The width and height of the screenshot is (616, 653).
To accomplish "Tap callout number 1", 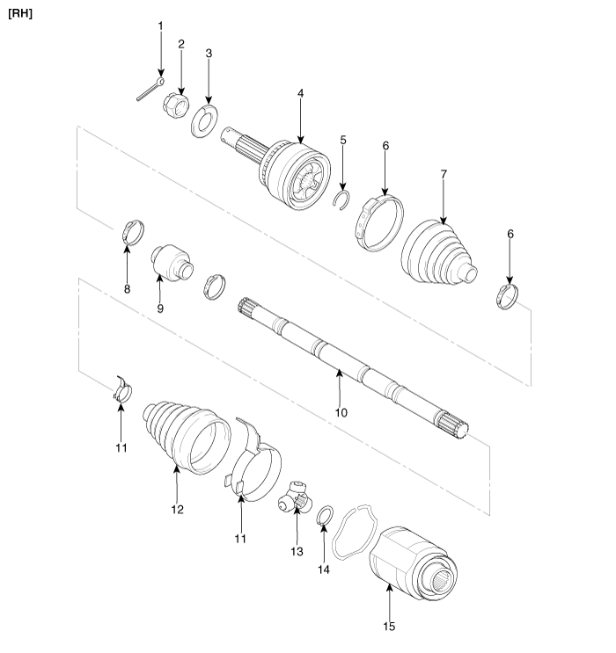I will tap(160, 26).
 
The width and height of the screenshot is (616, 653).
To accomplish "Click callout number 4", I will tap(300, 93).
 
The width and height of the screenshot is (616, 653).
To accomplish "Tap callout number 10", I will tap(341, 411).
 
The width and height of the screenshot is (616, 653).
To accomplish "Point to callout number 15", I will tap(389, 627).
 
